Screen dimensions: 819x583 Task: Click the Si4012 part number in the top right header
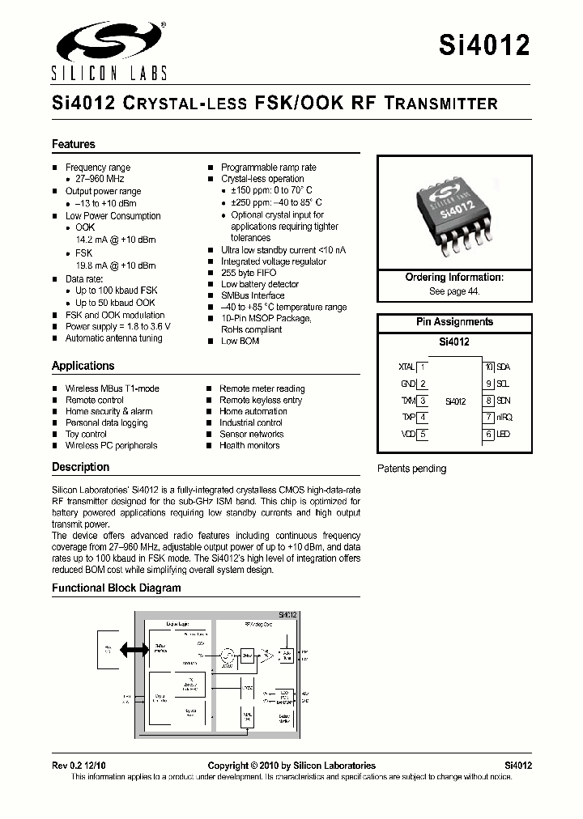(484, 45)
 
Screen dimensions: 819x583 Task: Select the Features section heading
(74, 144)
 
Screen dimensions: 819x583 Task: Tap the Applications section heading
(83, 366)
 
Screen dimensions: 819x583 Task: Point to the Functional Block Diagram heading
(117, 588)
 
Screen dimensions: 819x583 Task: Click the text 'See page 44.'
(453, 291)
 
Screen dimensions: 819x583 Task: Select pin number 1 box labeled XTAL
(422, 367)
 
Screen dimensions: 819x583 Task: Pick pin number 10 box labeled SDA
(488, 367)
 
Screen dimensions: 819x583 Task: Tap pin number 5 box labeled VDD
(422, 435)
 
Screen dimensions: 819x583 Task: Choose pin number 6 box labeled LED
(488, 435)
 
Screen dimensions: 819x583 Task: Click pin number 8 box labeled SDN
(488, 401)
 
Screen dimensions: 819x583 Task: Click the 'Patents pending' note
(411, 469)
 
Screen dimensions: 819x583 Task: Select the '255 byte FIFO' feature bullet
(249, 273)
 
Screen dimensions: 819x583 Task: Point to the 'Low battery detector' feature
(260, 284)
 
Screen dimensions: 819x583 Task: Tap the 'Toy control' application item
(86, 434)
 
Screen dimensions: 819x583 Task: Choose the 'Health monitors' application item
(249, 445)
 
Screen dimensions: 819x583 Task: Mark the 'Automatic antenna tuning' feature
(113, 338)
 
